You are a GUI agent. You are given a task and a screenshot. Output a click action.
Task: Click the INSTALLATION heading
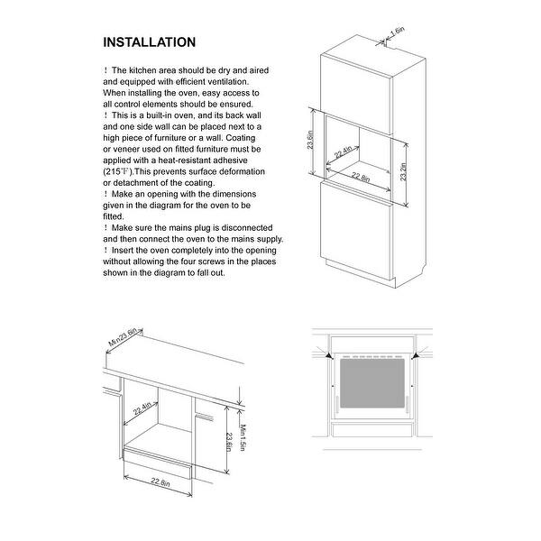(149, 42)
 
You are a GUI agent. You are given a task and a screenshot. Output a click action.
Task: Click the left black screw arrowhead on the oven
(335, 356)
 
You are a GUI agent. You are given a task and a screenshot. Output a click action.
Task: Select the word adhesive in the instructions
(240, 160)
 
